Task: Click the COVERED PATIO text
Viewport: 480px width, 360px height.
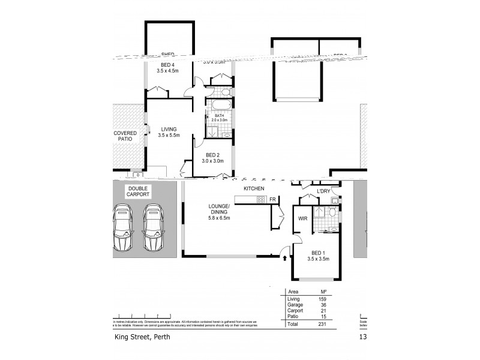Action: tap(125, 136)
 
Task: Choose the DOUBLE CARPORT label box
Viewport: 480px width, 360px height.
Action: tap(138, 191)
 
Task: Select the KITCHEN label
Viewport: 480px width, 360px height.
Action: tap(254, 189)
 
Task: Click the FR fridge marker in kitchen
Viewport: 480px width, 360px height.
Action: tap(272, 200)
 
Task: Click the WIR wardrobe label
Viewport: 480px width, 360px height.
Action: tap(302, 219)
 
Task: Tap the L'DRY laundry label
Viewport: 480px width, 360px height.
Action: tap(324, 191)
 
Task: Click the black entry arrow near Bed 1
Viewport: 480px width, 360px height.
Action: tap(285, 259)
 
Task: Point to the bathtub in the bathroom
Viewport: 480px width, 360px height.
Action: tap(214, 106)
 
